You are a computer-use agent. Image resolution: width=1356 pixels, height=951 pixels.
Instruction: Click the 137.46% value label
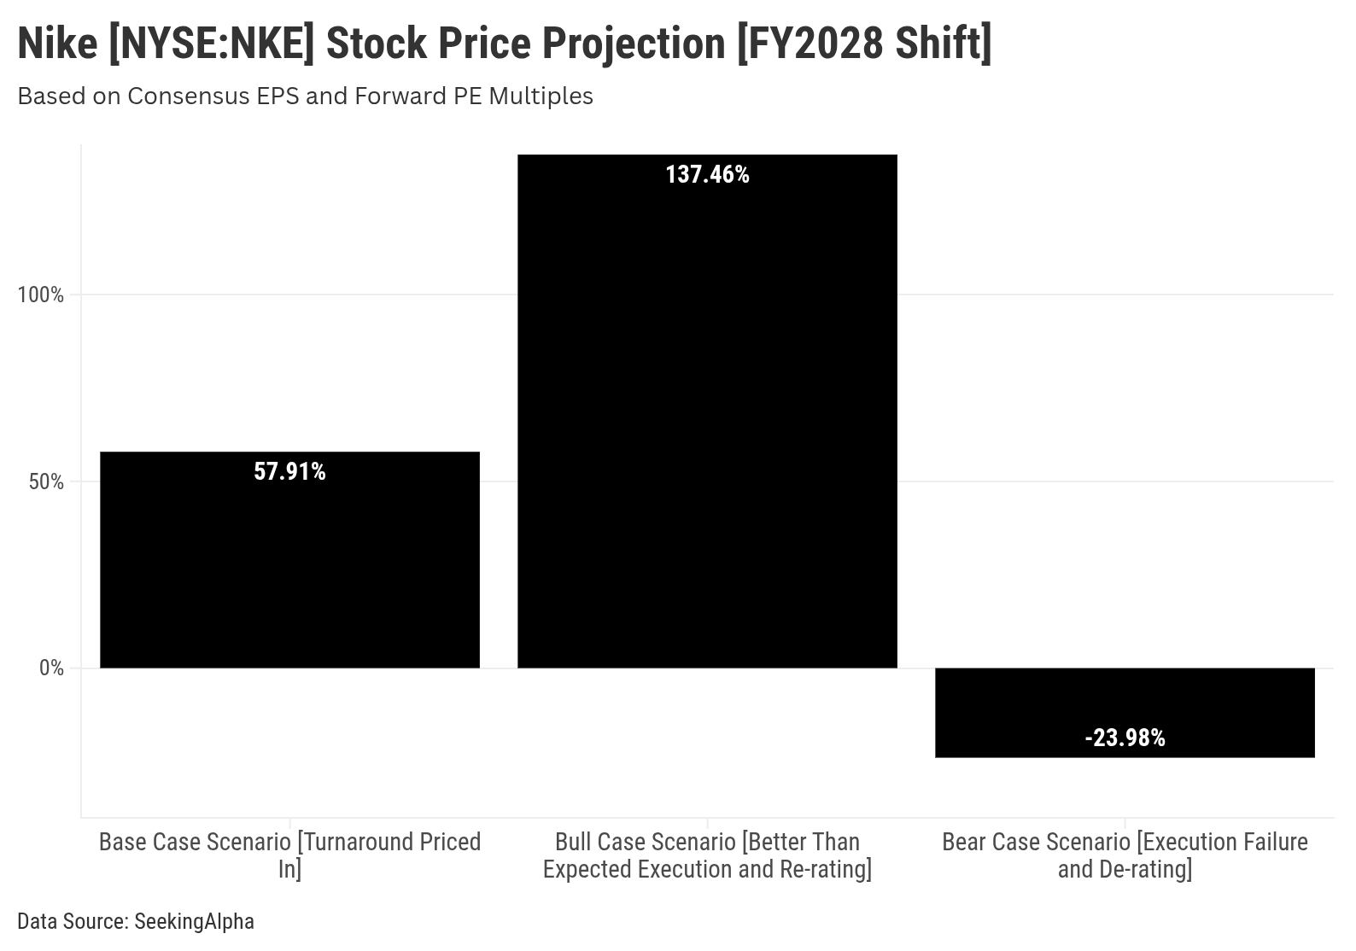click(707, 175)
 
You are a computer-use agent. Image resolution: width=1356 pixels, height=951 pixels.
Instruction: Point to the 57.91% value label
click(289, 472)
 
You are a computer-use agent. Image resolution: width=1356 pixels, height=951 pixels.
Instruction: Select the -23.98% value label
click(1125, 738)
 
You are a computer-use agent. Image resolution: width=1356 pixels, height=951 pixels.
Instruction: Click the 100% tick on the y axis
click(41, 295)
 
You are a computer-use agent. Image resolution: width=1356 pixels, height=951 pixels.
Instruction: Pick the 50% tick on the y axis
click(46, 482)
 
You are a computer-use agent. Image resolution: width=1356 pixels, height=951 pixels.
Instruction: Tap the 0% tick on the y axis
click(51, 668)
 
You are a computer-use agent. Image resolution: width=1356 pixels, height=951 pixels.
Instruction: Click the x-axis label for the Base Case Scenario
click(289, 855)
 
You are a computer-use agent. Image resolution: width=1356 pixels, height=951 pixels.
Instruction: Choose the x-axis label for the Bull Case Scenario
click(707, 855)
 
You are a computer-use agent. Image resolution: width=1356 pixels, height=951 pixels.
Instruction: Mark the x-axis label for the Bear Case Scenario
click(1125, 855)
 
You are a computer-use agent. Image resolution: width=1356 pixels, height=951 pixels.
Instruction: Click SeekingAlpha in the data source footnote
click(194, 922)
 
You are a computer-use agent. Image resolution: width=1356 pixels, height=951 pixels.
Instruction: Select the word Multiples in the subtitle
click(540, 96)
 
